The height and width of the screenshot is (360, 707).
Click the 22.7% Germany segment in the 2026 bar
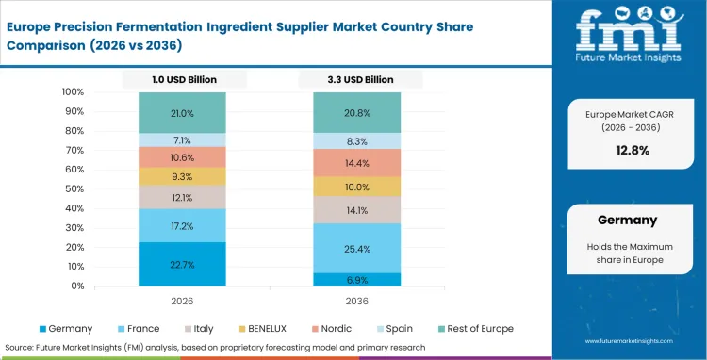click(x=182, y=264)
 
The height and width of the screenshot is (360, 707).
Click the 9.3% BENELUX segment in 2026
click(x=182, y=176)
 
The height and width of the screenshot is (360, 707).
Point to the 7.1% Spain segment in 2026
click(x=182, y=139)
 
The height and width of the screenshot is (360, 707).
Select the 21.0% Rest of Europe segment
click(x=182, y=113)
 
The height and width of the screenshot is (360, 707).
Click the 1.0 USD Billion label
click(x=182, y=80)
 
